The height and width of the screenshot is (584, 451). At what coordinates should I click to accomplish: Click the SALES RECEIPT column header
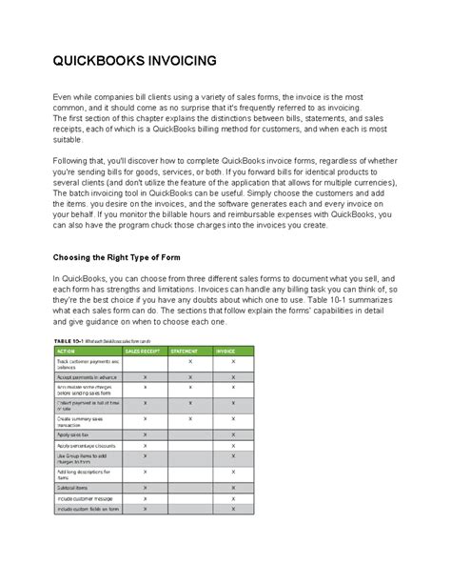coord(146,352)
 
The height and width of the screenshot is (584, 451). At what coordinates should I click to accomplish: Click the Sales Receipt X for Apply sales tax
coord(145,433)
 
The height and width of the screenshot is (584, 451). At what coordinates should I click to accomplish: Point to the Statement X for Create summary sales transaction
coord(190,418)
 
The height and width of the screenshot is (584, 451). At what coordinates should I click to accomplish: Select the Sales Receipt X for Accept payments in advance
coord(145,377)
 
